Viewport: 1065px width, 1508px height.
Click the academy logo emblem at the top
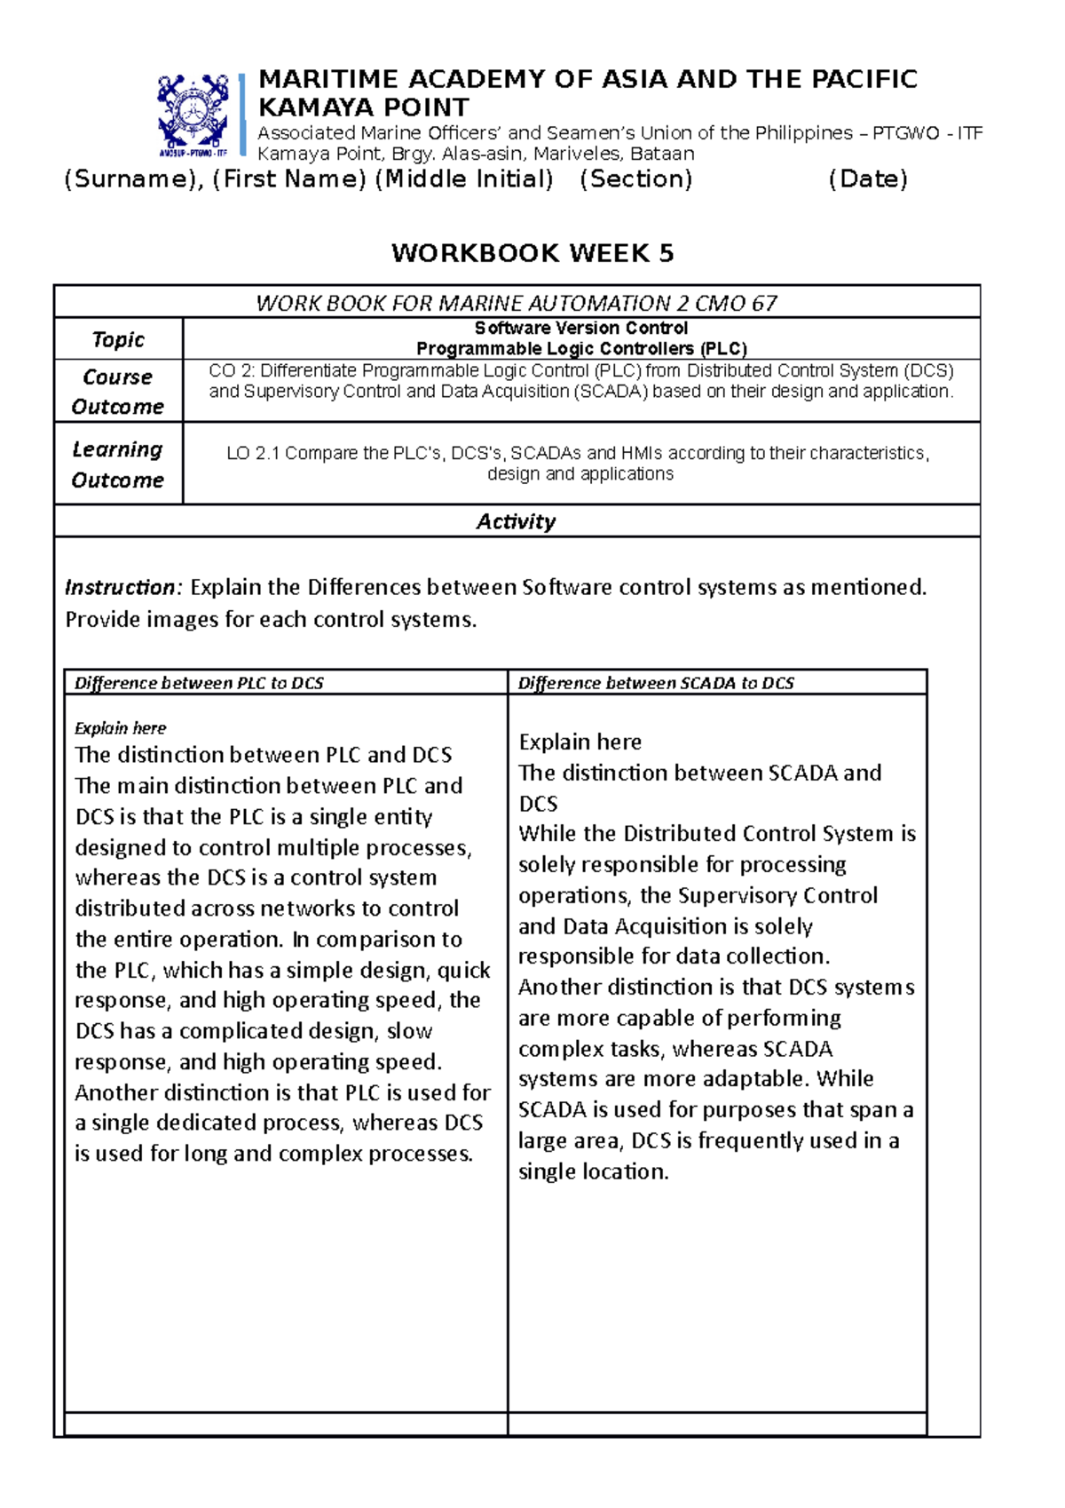pos(193,114)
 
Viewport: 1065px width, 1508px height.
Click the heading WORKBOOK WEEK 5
pos(532,253)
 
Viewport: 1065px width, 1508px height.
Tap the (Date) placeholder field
pos(867,179)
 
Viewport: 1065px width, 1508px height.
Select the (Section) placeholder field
pos(635,179)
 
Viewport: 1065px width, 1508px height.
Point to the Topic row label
pos(118,339)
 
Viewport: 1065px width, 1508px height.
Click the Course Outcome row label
pos(118,392)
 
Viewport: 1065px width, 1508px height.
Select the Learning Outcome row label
pos(118,464)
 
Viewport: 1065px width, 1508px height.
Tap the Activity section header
pos(516,521)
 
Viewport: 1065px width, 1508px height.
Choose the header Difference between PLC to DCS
pos(199,683)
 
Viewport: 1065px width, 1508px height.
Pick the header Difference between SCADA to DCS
pos(656,683)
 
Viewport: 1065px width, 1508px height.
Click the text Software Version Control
pos(580,328)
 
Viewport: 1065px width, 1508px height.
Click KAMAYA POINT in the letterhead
pos(363,107)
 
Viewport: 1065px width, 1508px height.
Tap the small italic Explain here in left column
pos(120,728)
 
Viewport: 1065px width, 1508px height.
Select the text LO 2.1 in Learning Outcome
pos(253,454)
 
